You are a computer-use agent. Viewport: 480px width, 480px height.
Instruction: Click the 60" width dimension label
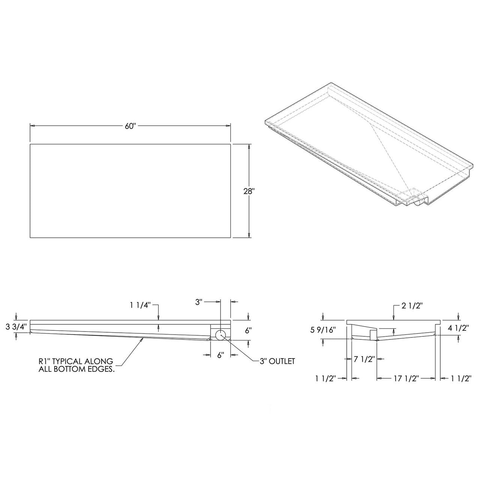tap(130, 126)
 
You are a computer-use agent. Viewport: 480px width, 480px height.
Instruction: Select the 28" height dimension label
tap(249, 191)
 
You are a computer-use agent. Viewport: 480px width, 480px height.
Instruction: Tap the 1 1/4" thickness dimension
tap(140, 305)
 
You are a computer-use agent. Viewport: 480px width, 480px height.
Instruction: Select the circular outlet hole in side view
tap(220, 335)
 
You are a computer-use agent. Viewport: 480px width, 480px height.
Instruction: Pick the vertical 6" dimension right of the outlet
tap(248, 330)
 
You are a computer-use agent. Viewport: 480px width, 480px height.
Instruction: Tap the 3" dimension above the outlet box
tap(199, 301)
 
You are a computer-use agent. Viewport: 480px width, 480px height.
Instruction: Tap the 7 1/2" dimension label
tap(364, 359)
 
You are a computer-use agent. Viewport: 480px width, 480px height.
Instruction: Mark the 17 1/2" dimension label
tap(405, 378)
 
